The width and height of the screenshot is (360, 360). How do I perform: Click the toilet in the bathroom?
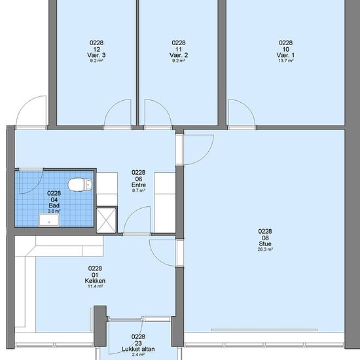click(81, 185)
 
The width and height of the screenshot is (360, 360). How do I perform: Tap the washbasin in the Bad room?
click(49, 220)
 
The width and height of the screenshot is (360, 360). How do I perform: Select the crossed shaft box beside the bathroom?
click(106, 221)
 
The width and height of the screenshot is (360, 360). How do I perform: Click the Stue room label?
click(265, 244)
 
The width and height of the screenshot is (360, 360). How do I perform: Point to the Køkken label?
click(95, 281)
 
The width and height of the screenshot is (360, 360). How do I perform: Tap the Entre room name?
click(139, 185)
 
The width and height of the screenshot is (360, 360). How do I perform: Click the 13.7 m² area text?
click(286, 61)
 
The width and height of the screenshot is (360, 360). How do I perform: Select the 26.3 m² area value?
click(265, 249)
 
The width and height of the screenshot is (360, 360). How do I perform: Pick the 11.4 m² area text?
click(95, 287)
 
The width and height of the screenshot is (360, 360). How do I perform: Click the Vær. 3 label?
click(96, 55)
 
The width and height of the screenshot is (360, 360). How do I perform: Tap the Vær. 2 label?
click(179, 55)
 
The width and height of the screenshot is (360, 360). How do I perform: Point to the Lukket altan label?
click(138, 350)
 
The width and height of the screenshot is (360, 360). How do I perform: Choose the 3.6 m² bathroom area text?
click(54, 211)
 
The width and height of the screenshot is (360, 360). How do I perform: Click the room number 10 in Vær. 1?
click(286, 49)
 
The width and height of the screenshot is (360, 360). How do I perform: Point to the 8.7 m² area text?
click(139, 190)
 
